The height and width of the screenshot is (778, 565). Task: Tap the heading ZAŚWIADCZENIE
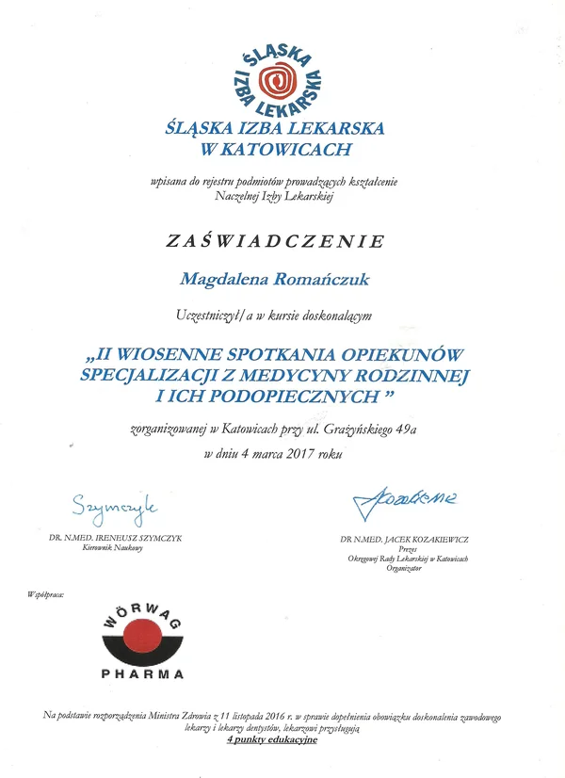275,241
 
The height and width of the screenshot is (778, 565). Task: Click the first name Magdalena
225,278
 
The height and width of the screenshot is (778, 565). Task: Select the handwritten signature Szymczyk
112,508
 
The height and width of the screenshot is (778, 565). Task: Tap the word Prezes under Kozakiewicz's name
406,549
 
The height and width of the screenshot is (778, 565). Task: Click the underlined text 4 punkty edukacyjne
272,739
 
